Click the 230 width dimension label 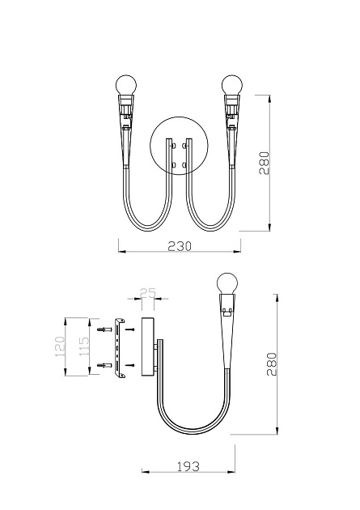(x=180, y=246)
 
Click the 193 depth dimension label (x=188, y=467)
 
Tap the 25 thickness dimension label (x=148, y=293)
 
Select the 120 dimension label (x=60, y=346)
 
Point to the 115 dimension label (x=83, y=346)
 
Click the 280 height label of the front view (x=265, y=164)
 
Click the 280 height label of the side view (x=272, y=364)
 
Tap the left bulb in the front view (x=126, y=85)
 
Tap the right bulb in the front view (x=232, y=85)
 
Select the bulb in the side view (x=227, y=283)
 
